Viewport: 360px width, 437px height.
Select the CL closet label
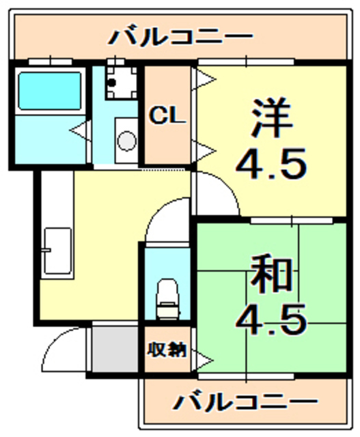click(168, 116)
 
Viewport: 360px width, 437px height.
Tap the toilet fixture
click(166, 298)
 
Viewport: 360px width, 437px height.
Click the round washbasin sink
click(127, 140)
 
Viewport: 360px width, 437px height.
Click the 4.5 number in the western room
click(271, 165)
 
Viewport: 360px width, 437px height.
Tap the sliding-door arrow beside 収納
click(204, 357)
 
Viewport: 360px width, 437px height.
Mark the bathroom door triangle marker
click(78, 126)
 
